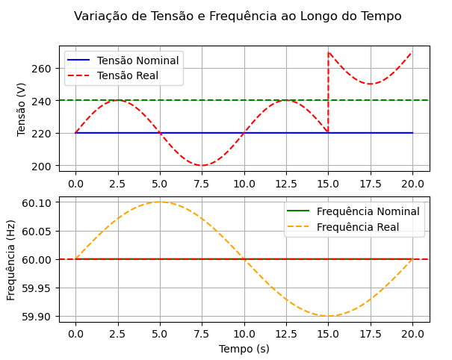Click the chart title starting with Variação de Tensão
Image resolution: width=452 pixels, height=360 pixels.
coord(238,16)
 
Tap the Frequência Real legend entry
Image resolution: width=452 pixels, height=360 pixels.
coord(356,226)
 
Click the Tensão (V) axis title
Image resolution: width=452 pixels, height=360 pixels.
coord(22,108)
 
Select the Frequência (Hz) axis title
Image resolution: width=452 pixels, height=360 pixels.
coord(11,259)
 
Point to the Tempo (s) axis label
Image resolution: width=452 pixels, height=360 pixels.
coord(244,349)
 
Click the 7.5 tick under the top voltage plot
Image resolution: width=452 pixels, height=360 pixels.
coord(202,183)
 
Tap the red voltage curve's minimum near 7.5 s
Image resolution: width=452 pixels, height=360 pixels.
coord(202,165)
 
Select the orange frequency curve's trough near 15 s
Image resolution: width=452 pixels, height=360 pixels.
coord(328,316)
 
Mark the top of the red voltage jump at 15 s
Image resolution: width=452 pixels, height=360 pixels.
coord(329,52)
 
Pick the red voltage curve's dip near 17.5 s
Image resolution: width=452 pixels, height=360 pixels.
coord(370,84)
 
